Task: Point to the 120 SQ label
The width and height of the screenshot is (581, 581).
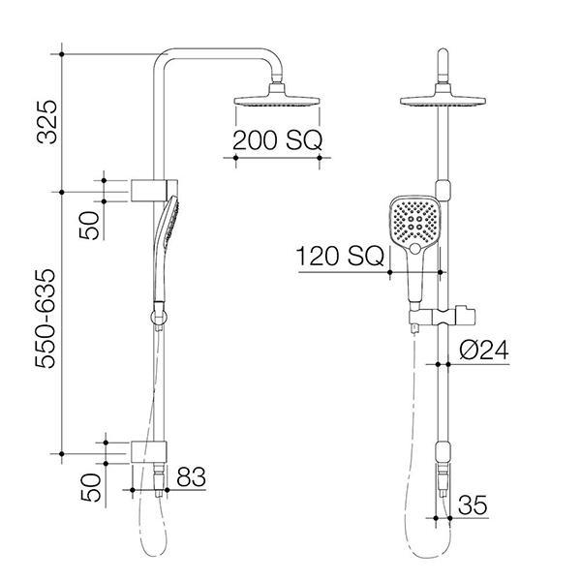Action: [340, 257]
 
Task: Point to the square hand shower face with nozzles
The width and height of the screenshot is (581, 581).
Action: [415, 222]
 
